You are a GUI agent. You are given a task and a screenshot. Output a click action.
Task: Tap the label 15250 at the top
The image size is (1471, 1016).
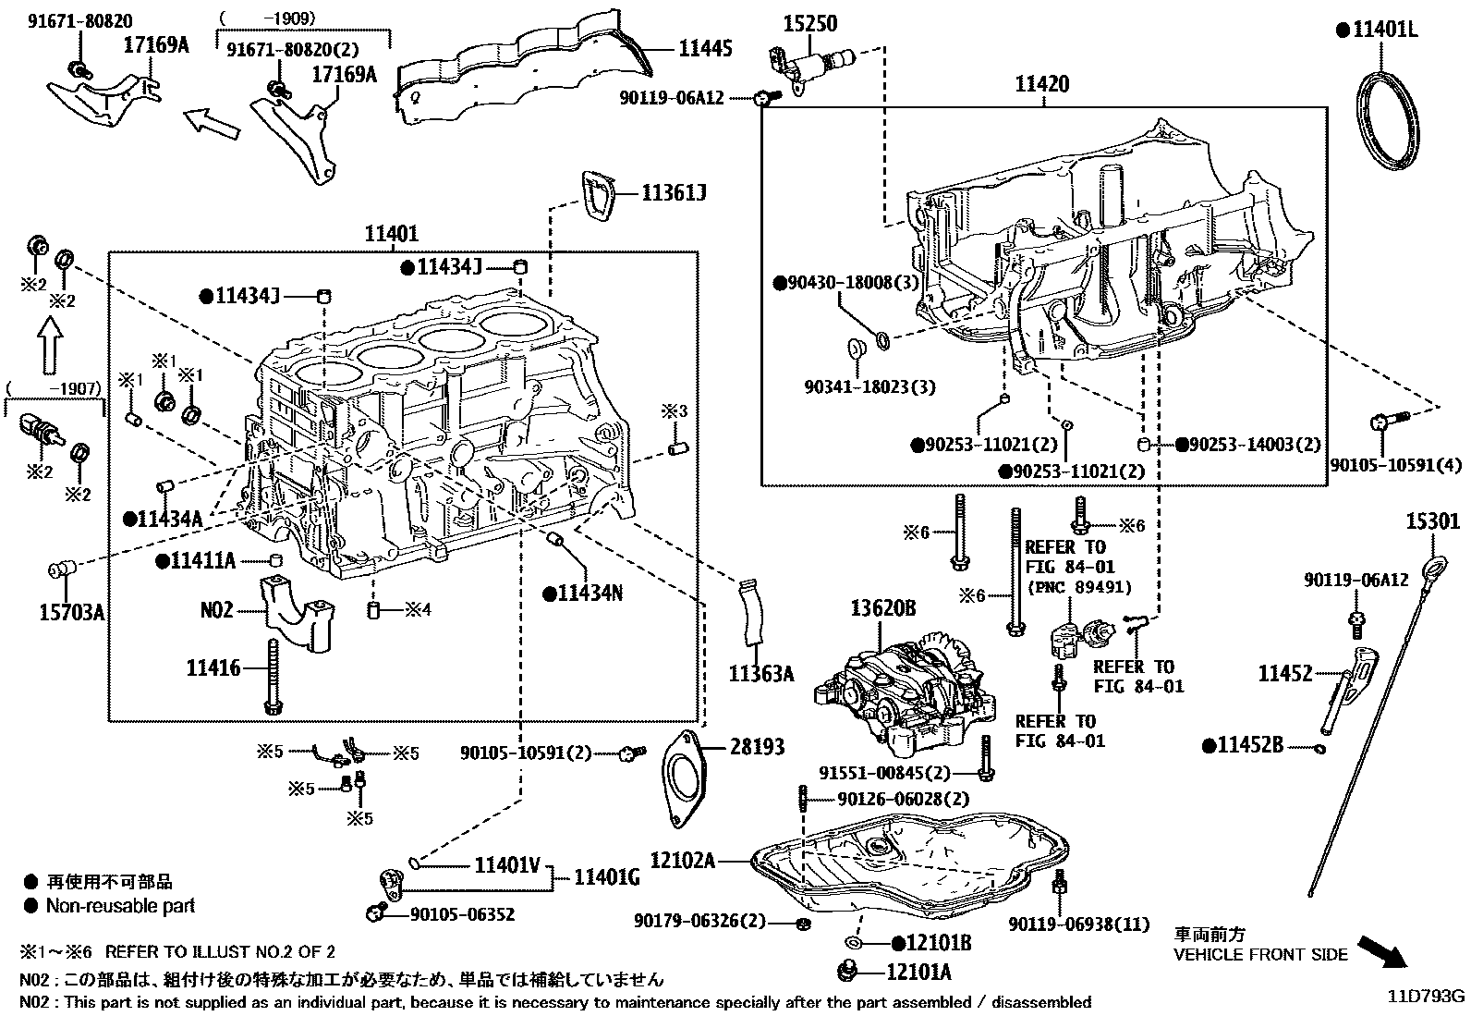coord(809,23)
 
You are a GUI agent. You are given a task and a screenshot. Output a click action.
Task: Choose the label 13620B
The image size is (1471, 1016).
coord(884,607)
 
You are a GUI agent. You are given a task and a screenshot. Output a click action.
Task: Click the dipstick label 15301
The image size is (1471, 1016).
coord(1433,521)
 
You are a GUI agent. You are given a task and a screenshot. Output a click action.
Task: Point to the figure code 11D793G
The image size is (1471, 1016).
coord(1425,996)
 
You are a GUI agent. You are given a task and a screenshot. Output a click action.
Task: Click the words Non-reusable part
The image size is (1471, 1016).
coord(120,906)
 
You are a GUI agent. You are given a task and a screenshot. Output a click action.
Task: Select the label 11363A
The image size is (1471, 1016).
coord(760,674)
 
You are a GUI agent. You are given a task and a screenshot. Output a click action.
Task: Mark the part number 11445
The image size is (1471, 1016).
coord(705,49)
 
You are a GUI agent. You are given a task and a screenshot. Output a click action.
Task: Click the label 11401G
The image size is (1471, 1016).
coord(607,877)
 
